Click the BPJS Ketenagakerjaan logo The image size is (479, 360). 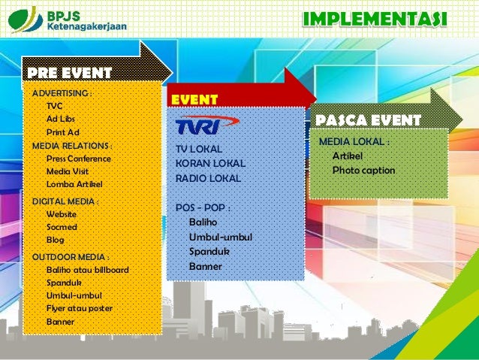[x=68, y=19]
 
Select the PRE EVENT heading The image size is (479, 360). [x=69, y=73]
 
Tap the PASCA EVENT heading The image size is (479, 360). [x=368, y=121]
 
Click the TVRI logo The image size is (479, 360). [x=206, y=124]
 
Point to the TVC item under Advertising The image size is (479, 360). [x=55, y=107]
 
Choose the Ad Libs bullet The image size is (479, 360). [x=61, y=119]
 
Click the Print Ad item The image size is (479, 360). [x=63, y=132]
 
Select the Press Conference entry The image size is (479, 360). [x=78, y=159]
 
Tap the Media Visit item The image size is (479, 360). [x=68, y=171]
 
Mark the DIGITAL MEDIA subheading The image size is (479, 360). [x=65, y=201]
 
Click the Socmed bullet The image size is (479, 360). [x=62, y=227]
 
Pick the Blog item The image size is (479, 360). [x=56, y=240]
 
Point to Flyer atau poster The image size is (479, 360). [x=80, y=308]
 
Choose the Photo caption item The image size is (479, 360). [x=363, y=170]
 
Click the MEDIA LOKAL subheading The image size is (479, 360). [x=354, y=142]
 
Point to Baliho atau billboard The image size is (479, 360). [x=87, y=270]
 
